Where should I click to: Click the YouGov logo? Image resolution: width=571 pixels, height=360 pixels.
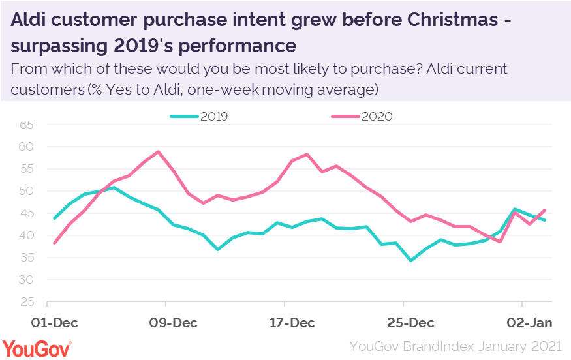[x=37, y=347]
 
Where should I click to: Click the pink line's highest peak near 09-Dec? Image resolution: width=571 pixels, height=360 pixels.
[x=159, y=151]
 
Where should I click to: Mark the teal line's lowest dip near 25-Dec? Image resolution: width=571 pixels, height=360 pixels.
[x=410, y=260]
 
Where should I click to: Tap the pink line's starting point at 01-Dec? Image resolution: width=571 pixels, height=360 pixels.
[x=55, y=243]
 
